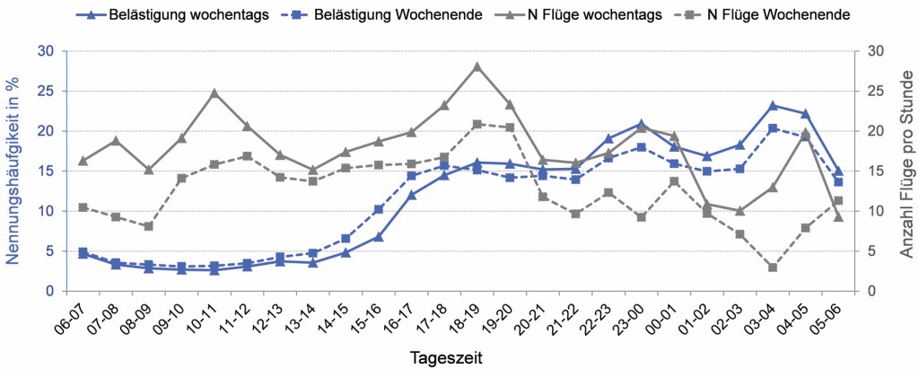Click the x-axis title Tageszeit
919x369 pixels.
click(x=447, y=357)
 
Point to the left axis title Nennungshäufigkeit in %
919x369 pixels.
click(x=13, y=171)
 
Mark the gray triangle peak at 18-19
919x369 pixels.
click(x=477, y=66)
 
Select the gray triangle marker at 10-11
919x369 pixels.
click(x=214, y=92)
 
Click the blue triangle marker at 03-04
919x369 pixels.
click(x=773, y=105)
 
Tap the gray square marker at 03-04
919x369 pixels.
click(x=773, y=268)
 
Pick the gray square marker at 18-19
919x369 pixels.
click(x=477, y=124)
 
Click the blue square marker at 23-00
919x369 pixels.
click(x=641, y=147)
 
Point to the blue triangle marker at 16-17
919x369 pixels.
click(x=411, y=195)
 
